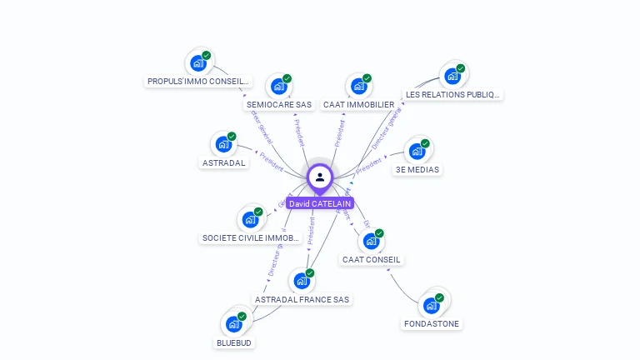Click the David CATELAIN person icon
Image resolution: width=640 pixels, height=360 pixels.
pos(320,177)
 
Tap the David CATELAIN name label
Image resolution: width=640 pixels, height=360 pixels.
pos(320,203)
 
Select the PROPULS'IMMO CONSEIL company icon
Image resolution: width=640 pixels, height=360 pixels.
pos(197,63)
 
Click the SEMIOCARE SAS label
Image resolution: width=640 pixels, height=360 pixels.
pos(279,105)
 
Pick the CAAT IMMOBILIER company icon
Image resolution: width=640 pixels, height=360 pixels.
pos(358,87)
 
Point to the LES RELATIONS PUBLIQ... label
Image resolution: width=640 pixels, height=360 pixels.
pos(453,95)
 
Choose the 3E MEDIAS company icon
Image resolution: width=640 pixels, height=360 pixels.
pos(417,152)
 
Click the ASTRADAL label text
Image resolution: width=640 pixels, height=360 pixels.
pos(224,163)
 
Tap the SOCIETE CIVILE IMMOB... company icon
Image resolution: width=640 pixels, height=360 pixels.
pos(250,220)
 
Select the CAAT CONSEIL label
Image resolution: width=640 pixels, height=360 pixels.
pos(372,259)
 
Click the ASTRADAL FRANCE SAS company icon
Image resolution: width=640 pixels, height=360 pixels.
pos(302,281)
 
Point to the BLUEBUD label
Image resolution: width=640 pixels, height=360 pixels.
pos(234,342)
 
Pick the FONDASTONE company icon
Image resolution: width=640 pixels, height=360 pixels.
pos(431,305)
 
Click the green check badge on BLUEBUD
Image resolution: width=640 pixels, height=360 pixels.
pos(242,317)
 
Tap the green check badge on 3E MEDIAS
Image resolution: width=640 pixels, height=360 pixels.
pos(425,143)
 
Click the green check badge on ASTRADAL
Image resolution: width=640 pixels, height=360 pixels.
pos(232,136)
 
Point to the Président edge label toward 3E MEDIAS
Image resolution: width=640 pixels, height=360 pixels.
pos(367,166)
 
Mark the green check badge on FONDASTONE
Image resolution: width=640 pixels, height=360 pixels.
pos(438,297)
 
